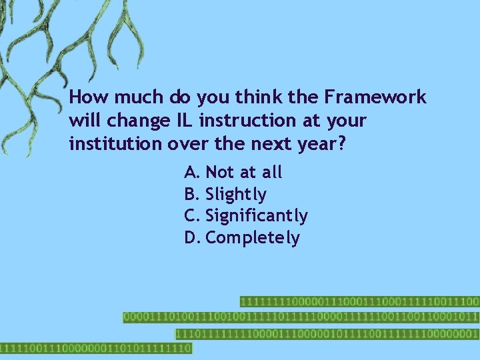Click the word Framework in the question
tap(375, 97)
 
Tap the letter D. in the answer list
tap(193, 238)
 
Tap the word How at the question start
tap(90, 97)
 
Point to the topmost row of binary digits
tap(359, 301)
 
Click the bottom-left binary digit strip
tap(95, 348)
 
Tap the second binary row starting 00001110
tap(301, 317)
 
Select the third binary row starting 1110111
tap(327, 333)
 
